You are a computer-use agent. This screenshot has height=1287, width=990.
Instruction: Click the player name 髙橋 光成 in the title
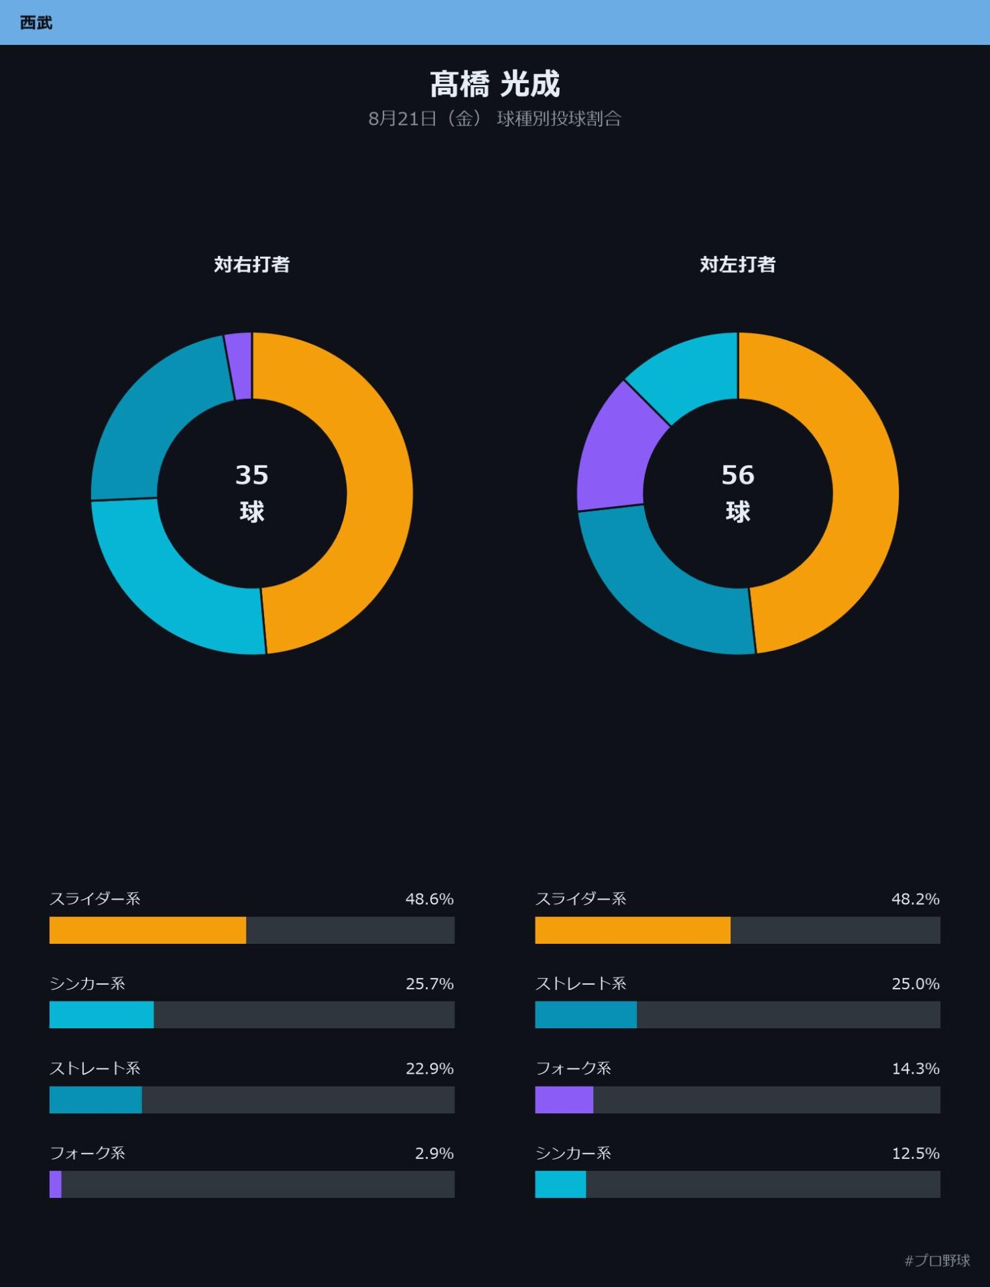(495, 84)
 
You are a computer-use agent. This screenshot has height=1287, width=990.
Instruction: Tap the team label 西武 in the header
(36, 23)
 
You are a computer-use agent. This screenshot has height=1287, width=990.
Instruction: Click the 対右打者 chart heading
(252, 264)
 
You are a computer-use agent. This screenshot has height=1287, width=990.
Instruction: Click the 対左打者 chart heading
(738, 264)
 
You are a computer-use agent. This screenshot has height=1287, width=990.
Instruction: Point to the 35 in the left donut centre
(252, 475)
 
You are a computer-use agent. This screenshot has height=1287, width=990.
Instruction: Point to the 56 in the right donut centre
(738, 475)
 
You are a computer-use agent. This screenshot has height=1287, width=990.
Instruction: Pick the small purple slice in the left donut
(239, 366)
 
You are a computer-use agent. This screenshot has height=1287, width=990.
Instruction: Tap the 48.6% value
(430, 899)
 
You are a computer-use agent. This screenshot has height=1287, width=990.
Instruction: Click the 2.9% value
(434, 1153)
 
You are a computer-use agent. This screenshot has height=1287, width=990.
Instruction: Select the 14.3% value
(916, 1068)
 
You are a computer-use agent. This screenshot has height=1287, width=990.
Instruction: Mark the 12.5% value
(916, 1153)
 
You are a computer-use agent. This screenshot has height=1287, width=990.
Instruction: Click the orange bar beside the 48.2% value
(633, 930)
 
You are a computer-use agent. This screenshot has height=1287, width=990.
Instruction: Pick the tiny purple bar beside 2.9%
(56, 1184)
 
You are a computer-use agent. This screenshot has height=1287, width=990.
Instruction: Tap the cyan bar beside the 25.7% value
(101, 1015)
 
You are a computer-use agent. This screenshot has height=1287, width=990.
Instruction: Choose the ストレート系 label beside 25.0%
(580, 983)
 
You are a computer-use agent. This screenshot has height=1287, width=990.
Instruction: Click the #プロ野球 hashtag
(937, 1261)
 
